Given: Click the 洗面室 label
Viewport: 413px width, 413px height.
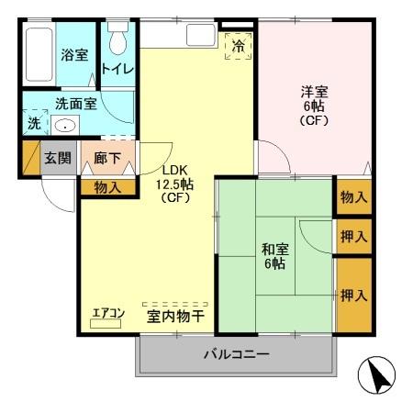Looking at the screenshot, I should tap(75, 105).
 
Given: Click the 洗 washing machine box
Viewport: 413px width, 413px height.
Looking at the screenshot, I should tap(33, 122).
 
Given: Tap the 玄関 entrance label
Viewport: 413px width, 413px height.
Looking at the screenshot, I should tap(58, 159).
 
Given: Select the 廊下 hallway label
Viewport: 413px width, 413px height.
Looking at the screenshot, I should tap(107, 159).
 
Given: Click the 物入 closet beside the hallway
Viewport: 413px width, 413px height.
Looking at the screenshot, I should tap(107, 187).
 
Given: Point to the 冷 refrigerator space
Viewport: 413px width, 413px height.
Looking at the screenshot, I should tap(237, 45).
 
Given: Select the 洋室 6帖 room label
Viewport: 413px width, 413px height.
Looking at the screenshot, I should tap(315, 105).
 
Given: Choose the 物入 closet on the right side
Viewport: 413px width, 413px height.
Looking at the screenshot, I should tap(353, 196).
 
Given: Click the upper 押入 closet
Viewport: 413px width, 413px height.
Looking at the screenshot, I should tap(353, 237).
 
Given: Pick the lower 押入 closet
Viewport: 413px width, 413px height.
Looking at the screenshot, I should tap(353, 296).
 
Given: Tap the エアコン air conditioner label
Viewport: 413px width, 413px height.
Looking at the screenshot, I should tap(108, 314).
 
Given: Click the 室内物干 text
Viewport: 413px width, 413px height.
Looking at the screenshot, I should tap(175, 318).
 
